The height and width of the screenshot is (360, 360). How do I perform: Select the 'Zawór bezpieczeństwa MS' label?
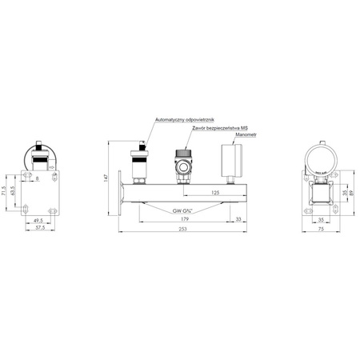coord(220,128)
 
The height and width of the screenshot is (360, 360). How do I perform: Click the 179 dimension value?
coord(185,218)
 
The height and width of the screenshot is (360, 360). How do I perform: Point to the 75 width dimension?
coord(319,228)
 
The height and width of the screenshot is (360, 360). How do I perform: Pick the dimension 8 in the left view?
coord(37,180)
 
